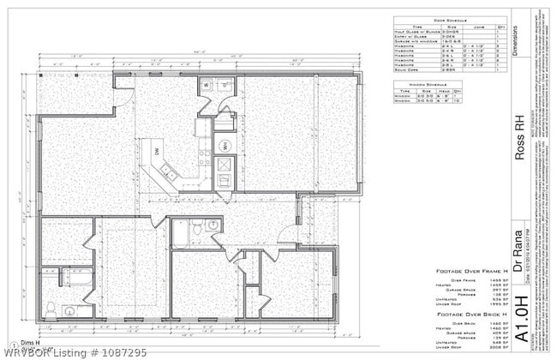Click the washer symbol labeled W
pos(207,87)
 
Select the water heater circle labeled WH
pos(223,147)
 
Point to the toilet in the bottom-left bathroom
pos(53,308)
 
